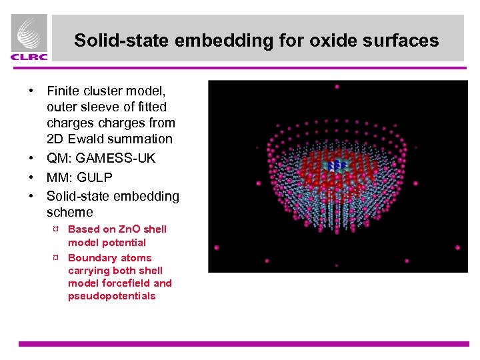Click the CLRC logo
pos(29,39)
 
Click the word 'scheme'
pos(70,212)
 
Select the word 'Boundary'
pos(93,257)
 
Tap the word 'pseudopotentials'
pos(111,296)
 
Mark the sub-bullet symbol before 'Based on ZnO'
pos(56,229)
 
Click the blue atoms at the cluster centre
pos(337,165)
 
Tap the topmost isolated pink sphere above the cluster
pos(337,87)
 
